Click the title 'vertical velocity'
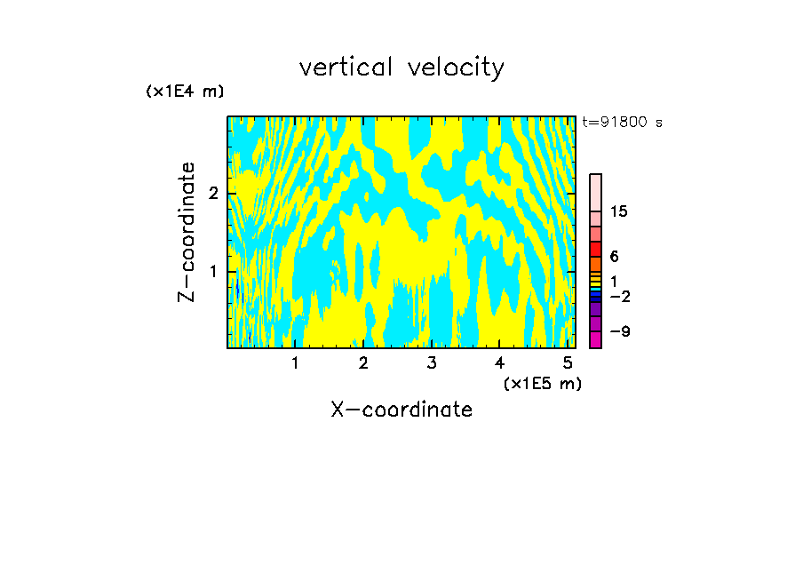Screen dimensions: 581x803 coord(401,68)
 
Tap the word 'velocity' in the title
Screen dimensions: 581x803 coord(453,68)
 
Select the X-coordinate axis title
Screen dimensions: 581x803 coord(401,410)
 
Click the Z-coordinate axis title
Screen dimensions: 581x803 coord(187,232)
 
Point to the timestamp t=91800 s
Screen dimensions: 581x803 coord(622,123)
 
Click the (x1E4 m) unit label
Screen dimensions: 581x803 coord(185,92)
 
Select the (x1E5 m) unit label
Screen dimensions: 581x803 coord(542,383)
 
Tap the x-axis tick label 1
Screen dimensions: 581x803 coord(295,362)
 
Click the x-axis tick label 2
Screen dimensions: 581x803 coord(363,362)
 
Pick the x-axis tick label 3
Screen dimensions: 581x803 coord(431,362)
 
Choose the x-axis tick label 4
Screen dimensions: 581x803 coord(499,362)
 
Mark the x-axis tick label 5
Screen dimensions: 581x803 coord(568,362)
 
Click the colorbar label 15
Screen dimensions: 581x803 coord(619,211)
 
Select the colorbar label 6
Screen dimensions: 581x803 coord(614,257)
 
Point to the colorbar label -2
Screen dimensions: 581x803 coord(619,296)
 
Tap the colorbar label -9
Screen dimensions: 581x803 coord(619,331)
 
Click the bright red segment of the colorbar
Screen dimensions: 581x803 coord(595,250)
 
